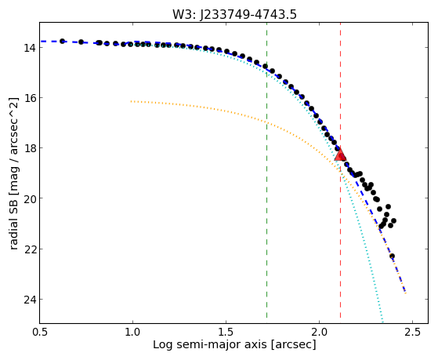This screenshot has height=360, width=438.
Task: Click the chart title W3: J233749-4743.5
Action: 234,14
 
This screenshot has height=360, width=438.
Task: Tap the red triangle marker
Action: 340,155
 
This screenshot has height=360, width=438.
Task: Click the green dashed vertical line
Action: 266,170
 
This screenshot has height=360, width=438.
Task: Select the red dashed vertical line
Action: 340,170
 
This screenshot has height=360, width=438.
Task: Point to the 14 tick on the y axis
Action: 30,48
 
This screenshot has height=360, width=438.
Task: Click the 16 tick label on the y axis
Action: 30,97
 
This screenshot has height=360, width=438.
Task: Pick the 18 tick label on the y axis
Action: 30,147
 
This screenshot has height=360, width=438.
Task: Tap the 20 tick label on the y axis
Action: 30,198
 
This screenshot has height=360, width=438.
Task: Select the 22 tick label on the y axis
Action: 30,249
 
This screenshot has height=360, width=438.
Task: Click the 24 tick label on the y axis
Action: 30,299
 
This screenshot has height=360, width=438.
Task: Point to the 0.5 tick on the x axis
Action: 40,332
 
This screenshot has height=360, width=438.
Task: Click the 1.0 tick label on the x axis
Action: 132,332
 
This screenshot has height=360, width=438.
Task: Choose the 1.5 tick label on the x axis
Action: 226,332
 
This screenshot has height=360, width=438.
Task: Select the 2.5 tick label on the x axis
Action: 413,332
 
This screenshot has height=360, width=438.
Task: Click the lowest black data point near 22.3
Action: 393,256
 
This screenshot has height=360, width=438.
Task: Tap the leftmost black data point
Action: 63,41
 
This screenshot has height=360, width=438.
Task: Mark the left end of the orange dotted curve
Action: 131,101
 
